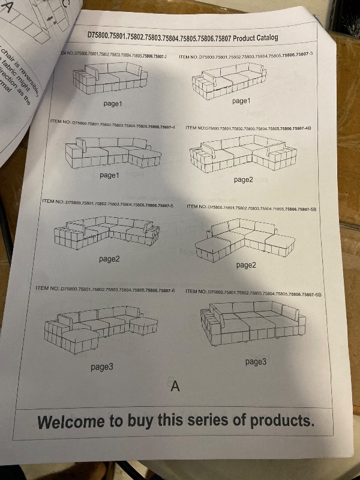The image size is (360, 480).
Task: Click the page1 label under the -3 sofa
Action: click(241, 101)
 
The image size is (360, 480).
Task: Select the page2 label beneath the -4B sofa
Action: click(244, 179)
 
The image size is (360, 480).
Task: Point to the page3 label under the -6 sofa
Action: click(102, 366)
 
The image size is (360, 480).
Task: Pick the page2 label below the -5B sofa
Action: click(246, 265)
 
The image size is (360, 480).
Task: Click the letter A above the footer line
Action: click(175, 385)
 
